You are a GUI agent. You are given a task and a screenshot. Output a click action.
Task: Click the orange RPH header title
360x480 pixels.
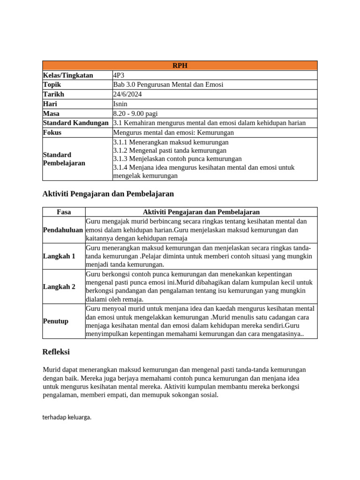[180, 66]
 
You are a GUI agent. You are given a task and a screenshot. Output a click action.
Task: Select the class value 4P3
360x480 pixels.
[119, 75]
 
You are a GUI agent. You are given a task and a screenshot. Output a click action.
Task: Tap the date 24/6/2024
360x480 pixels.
[127, 94]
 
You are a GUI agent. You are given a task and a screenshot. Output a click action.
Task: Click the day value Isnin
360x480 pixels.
[120, 104]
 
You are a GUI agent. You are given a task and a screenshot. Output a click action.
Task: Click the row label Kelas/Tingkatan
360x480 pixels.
[68, 75]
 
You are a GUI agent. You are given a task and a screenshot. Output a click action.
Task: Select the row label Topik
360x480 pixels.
[52, 85]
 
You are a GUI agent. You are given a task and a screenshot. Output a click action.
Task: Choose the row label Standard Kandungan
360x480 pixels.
[76, 123]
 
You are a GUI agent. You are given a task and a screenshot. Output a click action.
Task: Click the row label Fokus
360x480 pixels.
[52, 133]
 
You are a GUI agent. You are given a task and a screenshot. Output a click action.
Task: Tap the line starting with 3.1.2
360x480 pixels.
[170, 150]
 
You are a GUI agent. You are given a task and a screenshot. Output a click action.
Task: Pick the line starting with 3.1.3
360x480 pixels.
[177, 159]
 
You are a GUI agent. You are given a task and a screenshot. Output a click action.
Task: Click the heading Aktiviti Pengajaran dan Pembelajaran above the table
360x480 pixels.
[108, 194]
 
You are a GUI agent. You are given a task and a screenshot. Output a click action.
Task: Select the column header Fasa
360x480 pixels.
[64, 212]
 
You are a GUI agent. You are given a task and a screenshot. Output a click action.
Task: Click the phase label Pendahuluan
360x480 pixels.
[63, 230]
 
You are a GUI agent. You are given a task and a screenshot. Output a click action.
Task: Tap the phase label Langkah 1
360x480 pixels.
[59, 256]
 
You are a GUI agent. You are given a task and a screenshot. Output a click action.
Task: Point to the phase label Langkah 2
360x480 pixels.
[59, 286]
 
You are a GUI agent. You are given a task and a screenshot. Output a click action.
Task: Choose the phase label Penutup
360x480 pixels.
[56, 321]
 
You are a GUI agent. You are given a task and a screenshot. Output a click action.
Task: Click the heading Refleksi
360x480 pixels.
[56, 352]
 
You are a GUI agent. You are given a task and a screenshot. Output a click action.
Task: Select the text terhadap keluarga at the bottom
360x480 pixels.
[67, 417]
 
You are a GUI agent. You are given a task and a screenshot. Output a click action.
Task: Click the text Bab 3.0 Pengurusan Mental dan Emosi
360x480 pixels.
[168, 85]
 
